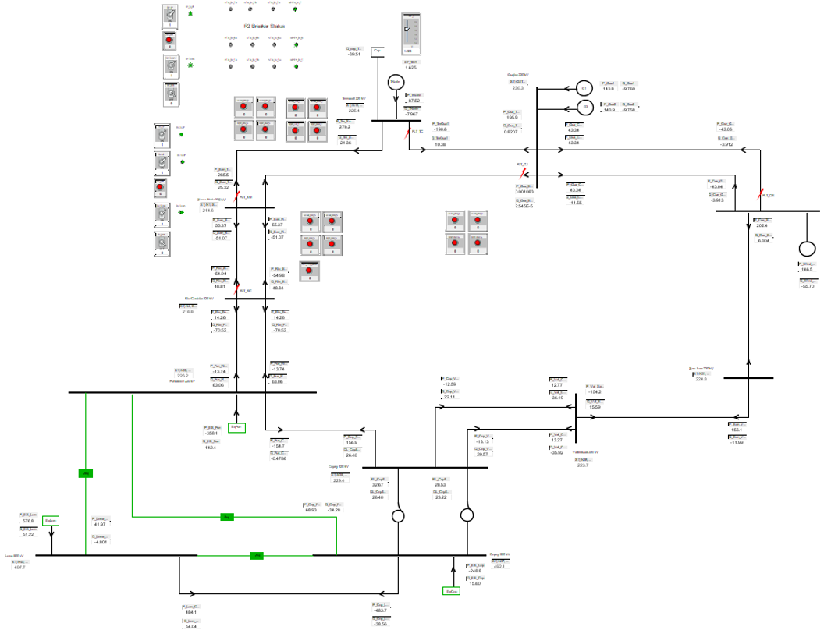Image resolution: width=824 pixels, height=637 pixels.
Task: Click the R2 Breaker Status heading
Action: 264,26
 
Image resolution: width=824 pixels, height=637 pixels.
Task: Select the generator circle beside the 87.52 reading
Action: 395,81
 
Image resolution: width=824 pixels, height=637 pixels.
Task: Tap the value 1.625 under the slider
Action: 410,68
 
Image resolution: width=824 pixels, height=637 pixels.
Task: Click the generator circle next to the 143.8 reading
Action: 583,87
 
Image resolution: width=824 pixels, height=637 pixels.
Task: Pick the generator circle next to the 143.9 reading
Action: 583,108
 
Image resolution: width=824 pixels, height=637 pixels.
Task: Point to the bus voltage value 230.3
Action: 517,88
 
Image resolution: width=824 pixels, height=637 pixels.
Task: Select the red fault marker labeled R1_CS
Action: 760,194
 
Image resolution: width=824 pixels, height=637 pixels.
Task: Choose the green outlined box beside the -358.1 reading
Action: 238,426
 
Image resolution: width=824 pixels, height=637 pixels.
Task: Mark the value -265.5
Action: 223,175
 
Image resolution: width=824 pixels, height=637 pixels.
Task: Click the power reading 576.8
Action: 28,521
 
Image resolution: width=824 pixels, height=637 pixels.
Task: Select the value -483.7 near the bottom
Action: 381,610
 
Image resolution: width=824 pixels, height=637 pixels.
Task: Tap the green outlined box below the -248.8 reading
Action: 450,592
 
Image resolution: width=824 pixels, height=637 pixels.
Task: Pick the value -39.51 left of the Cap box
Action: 353,54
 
